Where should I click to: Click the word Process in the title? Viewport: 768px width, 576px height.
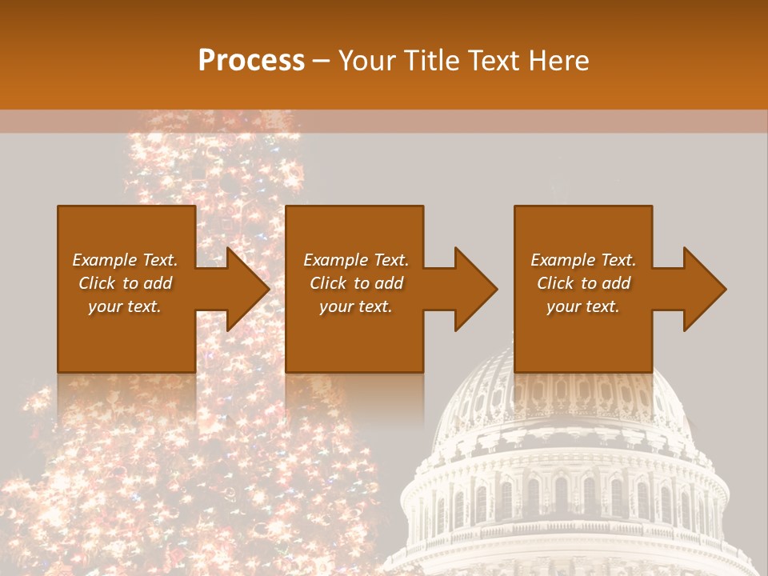pyautogui.click(x=251, y=61)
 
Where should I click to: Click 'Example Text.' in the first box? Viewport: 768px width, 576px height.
pyautogui.click(x=125, y=260)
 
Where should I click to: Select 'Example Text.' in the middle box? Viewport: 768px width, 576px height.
pyautogui.click(x=356, y=260)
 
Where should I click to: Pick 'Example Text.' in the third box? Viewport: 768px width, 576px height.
pyautogui.click(x=583, y=260)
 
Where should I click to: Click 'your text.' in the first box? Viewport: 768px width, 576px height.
pyautogui.click(x=125, y=306)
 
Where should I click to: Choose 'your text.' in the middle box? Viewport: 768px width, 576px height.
pyautogui.click(x=356, y=306)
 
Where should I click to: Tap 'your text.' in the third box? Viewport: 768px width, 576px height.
pyautogui.click(x=583, y=306)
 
